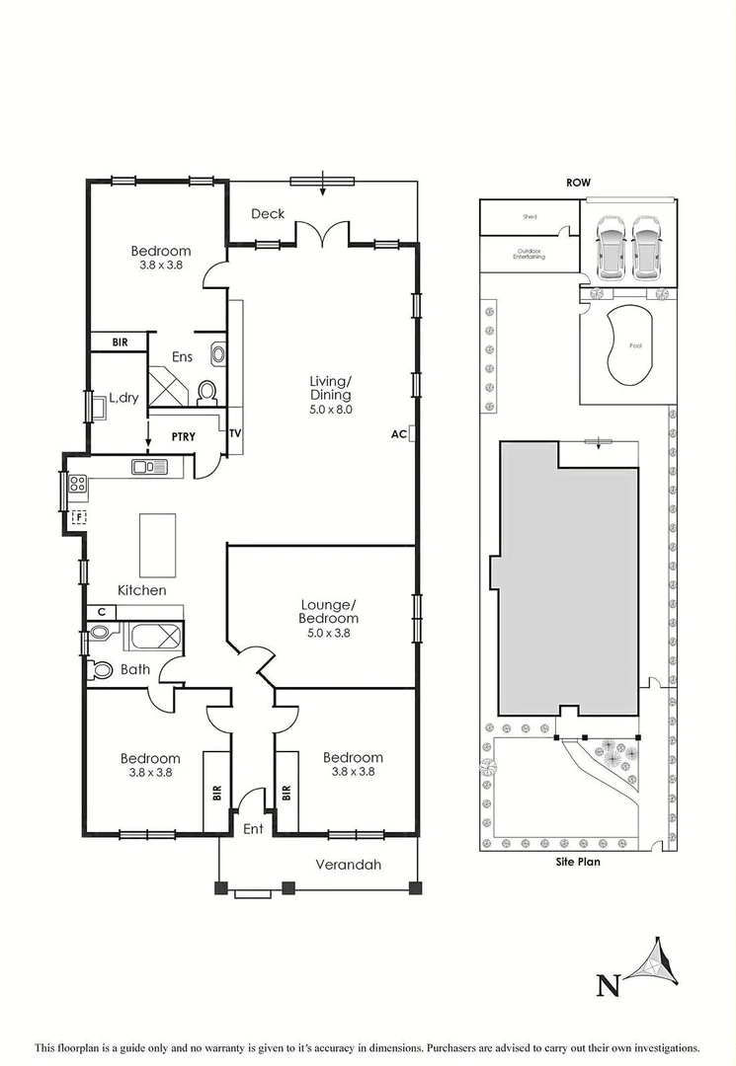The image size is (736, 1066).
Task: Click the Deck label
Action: point(268,213)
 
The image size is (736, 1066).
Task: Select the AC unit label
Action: point(399,433)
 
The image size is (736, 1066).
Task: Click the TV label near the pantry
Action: point(235,433)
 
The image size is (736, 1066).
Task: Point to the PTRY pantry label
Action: point(183,435)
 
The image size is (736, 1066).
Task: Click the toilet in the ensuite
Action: point(207,393)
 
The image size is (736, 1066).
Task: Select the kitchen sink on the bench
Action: point(151,466)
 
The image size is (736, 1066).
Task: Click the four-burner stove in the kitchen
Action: point(78,485)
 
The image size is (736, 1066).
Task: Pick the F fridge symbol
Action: point(79,517)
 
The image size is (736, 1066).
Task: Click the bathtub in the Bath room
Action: point(153,637)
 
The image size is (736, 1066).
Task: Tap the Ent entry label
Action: point(253,829)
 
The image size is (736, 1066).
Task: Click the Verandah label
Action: point(348,865)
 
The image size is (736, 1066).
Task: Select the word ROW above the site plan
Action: point(578,183)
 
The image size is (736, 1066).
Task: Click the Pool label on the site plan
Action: point(635,345)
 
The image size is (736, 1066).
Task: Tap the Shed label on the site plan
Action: point(530,215)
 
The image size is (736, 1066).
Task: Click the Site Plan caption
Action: point(579,861)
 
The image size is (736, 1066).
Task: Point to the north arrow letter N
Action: point(610,983)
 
